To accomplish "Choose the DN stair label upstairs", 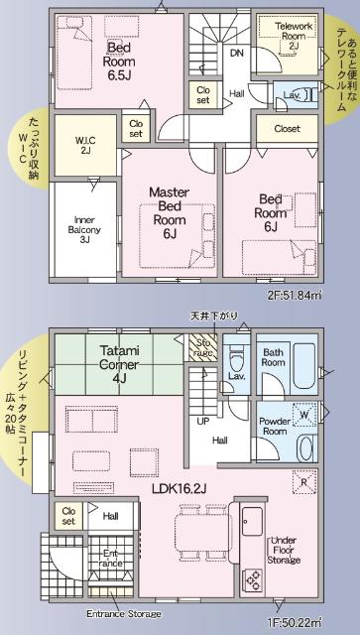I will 236,54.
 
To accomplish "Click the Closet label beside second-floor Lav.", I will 287,129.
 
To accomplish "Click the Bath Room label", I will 274,357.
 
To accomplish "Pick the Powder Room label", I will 274,425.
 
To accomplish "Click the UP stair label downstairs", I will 204,421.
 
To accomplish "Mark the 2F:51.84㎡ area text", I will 315,295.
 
